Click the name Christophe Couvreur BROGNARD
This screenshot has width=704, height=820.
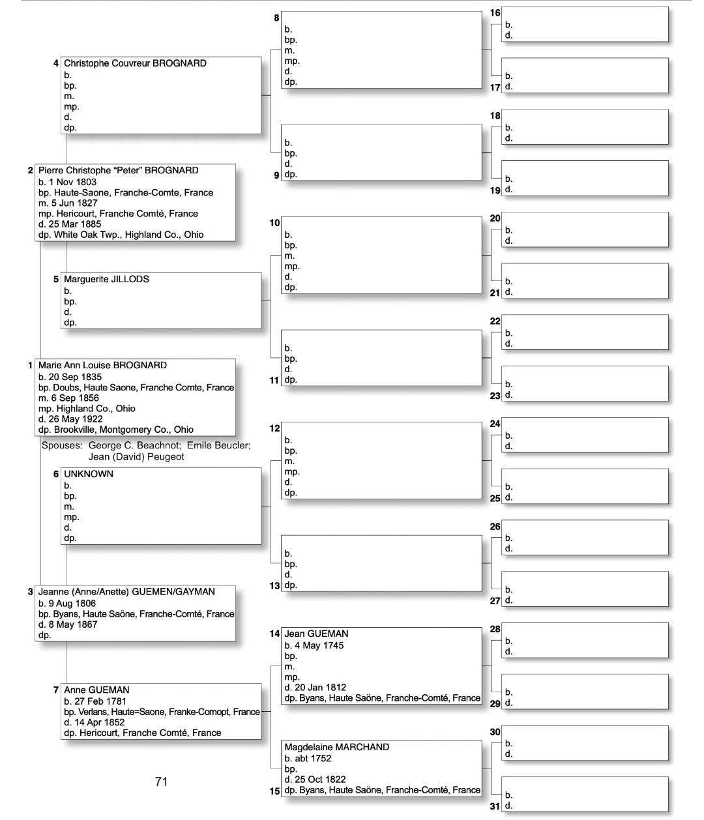[135, 63]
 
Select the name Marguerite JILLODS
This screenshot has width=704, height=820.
[106, 279]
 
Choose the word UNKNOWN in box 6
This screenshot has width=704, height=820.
[89, 474]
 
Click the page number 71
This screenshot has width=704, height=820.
[162, 782]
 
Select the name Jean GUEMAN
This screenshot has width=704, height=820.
[316, 634]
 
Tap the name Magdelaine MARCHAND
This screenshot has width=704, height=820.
[336, 747]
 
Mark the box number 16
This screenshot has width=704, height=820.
[495, 13]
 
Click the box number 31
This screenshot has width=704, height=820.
[495, 806]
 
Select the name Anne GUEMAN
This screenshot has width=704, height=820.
[96, 690]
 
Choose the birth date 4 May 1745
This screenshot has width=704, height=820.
[318, 645]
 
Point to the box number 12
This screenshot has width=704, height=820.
[274, 428]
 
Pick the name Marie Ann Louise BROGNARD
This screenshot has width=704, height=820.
[102, 365]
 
